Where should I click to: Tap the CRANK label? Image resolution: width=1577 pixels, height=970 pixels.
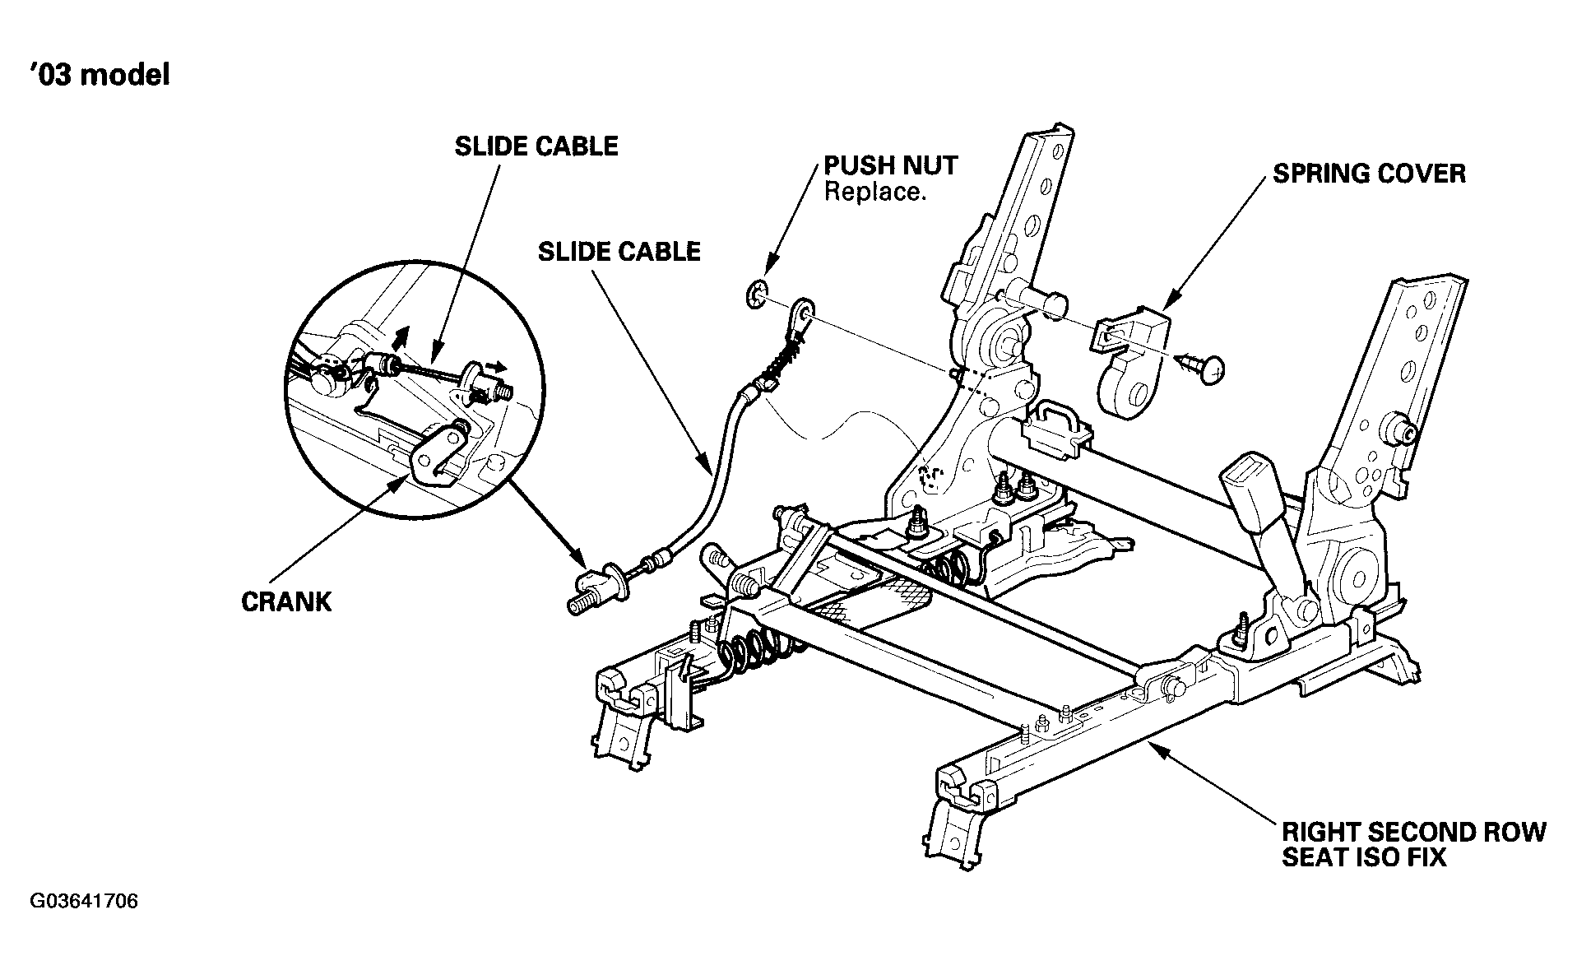pyautogui.click(x=286, y=601)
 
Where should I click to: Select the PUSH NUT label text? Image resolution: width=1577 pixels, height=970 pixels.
pyautogui.click(x=891, y=165)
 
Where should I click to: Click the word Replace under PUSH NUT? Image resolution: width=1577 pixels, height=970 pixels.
pyautogui.click(x=871, y=193)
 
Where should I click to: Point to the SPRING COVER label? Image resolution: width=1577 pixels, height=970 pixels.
pyautogui.click(x=1369, y=174)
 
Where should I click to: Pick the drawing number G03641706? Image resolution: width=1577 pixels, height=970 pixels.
pyautogui.click(x=84, y=902)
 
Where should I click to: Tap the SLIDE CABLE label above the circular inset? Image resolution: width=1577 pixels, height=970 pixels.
pyautogui.click(x=536, y=146)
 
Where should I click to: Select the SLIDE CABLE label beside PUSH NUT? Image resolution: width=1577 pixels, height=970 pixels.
pyautogui.click(x=619, y=251)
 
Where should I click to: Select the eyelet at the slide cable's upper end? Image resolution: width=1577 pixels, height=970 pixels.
pyautogui.click(x=799, y=313)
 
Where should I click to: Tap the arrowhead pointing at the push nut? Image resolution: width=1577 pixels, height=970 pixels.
pyautogui.click(x=768, y=268)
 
